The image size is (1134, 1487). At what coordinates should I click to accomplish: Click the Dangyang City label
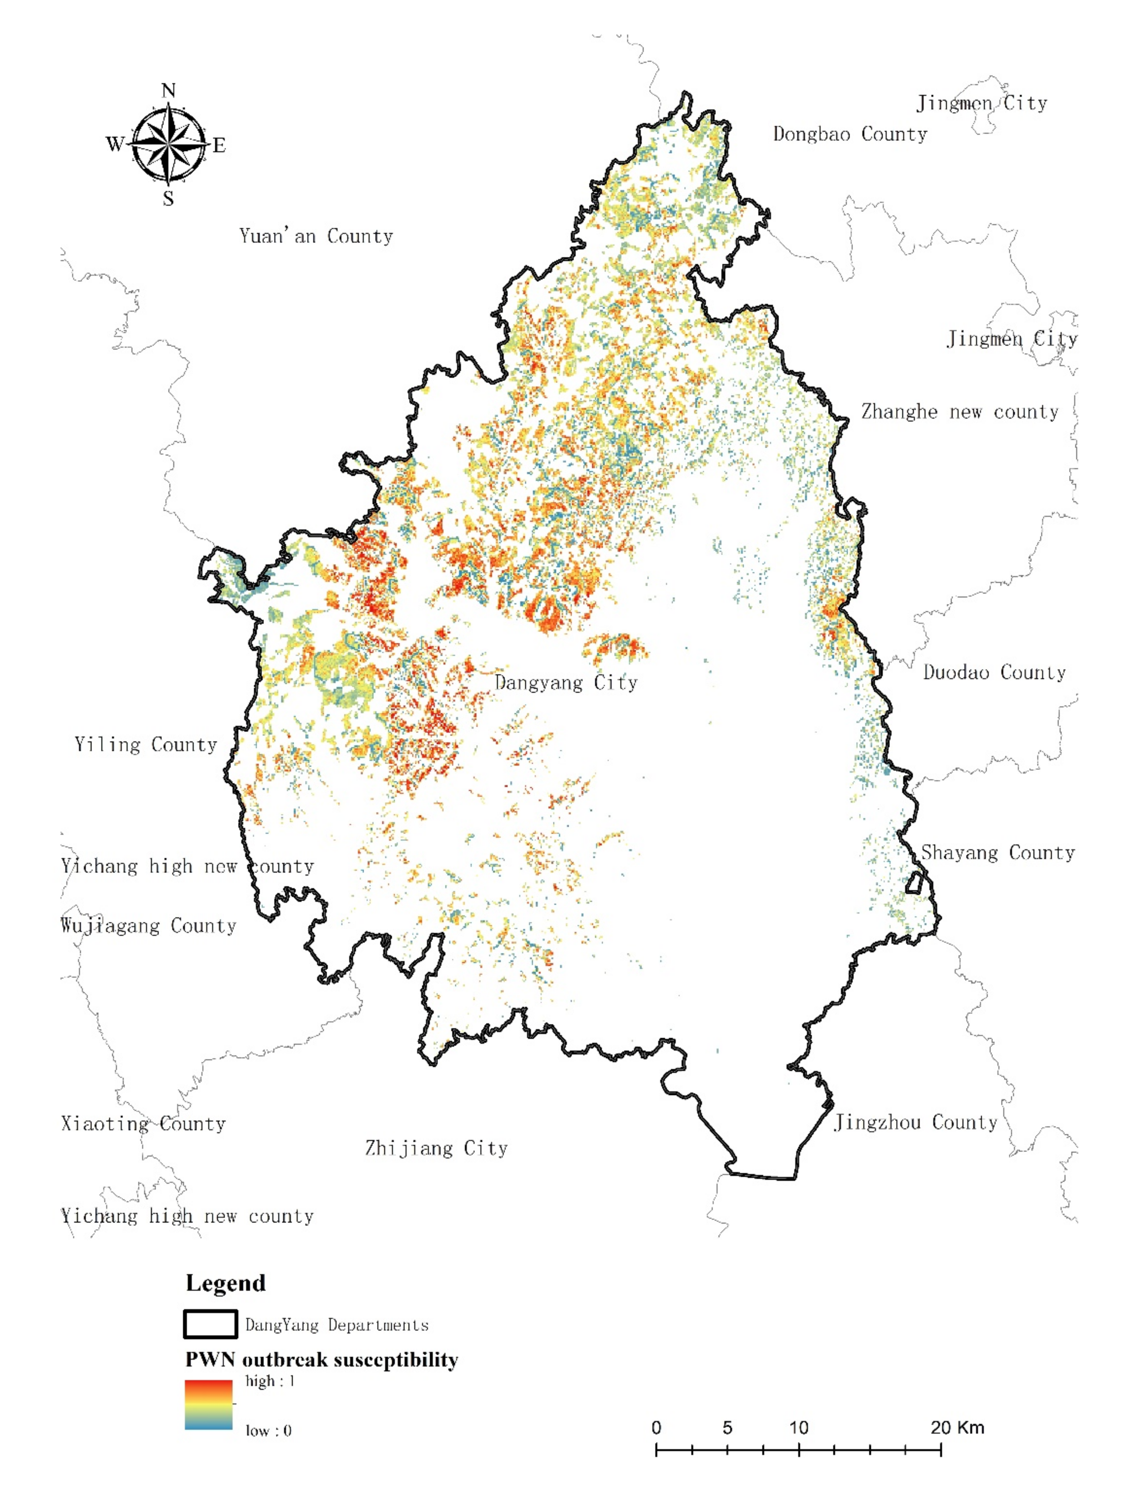566,682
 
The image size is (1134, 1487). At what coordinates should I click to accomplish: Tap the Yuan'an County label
316,236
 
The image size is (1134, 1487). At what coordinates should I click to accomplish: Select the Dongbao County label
850,135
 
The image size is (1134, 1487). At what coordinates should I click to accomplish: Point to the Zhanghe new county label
959,412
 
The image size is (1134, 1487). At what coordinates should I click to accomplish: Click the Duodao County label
994,672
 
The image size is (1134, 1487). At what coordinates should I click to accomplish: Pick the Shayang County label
998,853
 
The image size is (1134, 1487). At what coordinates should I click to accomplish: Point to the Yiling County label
146,745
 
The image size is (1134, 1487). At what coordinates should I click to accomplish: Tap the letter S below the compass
168,198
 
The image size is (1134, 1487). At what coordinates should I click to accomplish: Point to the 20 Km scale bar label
957,1427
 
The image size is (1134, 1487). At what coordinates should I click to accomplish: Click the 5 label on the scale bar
727,1427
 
